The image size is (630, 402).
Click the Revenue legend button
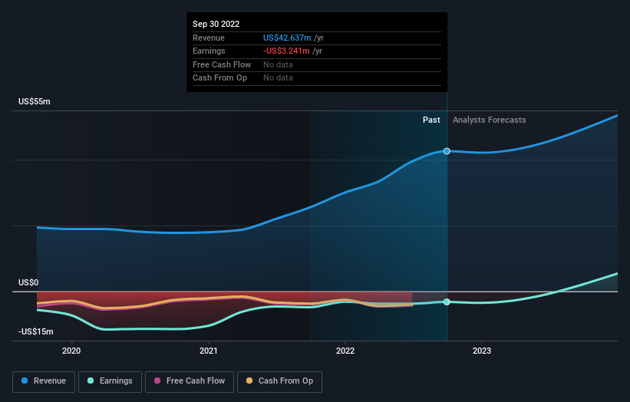pos(45,381)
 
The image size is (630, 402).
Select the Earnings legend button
pos(110,381)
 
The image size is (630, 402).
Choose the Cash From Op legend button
pos(280,381)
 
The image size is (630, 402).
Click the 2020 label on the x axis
pos(71,351)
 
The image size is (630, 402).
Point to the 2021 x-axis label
pos(208,351)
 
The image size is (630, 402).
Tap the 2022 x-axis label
pos(345,351)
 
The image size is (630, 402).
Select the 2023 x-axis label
pos(482,351)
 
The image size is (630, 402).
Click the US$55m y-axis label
pos(35,102)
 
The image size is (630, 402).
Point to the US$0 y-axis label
pos(28,282)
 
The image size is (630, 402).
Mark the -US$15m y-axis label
pos(36,331)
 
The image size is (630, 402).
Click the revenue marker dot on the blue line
pos(447,151)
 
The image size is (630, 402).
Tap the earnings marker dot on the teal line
pos(447,301)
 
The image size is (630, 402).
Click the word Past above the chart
pos(431,120)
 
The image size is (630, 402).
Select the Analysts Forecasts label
pos(490,120)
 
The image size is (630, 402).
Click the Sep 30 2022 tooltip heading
pos(217,25)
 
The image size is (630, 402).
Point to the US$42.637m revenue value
pos(287,38)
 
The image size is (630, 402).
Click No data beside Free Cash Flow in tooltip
pos(278,64)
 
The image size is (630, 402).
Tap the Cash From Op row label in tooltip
pos(219,77)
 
